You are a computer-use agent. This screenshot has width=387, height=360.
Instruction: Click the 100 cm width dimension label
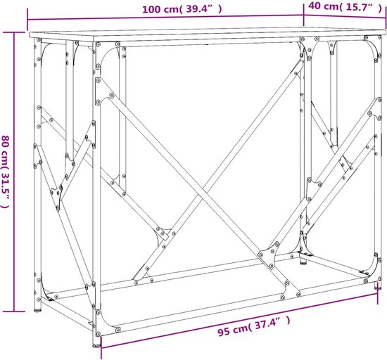click(x=182, y=9)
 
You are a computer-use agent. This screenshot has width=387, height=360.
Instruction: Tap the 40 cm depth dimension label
click(x=345, y=6)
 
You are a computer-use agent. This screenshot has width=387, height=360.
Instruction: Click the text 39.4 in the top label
click(x=199, y=9)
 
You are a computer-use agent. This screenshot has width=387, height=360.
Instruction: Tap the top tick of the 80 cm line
click(x=14, y=32)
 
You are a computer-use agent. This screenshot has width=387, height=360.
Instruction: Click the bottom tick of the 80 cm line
click(x=14, y=311)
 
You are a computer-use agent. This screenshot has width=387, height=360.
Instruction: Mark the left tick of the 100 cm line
click(x=27, y=20)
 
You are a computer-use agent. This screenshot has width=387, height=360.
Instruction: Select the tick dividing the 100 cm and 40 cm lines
click(x=303, y=15)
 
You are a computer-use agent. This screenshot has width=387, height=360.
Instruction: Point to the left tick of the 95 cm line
click(x=101, y=347)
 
